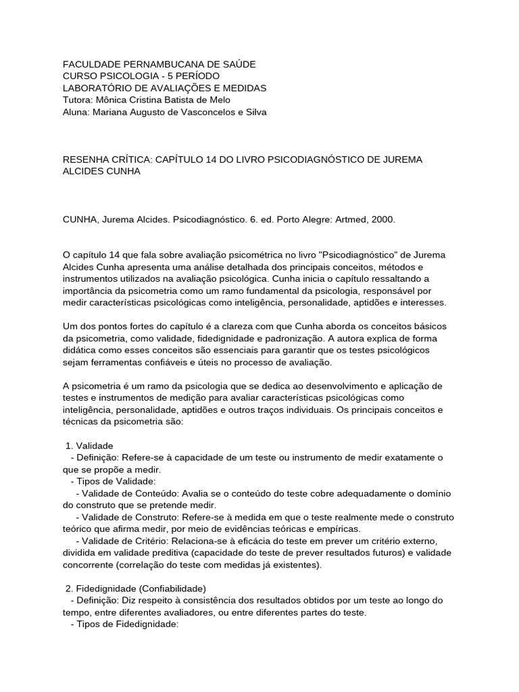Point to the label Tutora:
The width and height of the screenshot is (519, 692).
pos(78,101)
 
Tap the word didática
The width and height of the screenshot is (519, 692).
pos(82,351)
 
